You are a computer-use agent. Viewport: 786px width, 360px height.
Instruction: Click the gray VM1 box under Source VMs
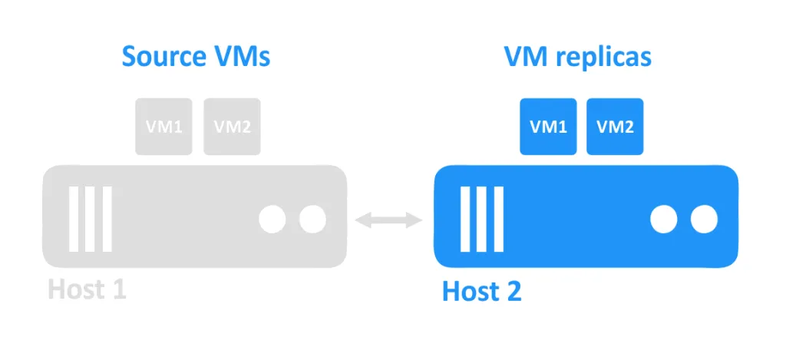[x=164, y=127]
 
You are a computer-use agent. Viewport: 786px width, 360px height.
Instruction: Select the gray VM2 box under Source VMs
[x=232, y=127]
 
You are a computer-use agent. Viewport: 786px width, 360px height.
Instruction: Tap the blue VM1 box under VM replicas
[x=548, y=127]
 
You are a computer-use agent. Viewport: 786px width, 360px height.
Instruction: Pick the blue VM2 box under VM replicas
[x=616, y=127]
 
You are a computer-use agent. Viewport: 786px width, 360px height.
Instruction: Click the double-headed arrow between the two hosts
[x=391, y=220]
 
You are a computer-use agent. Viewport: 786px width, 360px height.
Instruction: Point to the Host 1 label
[x=87, y=289]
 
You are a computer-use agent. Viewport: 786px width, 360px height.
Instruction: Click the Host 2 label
[x=481, y=292]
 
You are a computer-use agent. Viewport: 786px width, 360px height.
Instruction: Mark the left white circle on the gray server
[x=272, y=220]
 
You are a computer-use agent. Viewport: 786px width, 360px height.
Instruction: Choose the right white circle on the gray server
[x=312, y=220]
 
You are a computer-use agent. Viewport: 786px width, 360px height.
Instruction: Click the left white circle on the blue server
[x=664, y=220]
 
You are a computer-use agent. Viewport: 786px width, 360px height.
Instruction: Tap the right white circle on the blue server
[x=704, y=220]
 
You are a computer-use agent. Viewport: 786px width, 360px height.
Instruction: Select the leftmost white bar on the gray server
[x=74, y=219]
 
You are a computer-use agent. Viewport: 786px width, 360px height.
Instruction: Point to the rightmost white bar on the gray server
[x=107, y=219]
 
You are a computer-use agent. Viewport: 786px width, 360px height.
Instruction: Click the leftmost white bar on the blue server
[x=466, y=219]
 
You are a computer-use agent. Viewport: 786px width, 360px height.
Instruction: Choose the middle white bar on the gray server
[x=91, y=219]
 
